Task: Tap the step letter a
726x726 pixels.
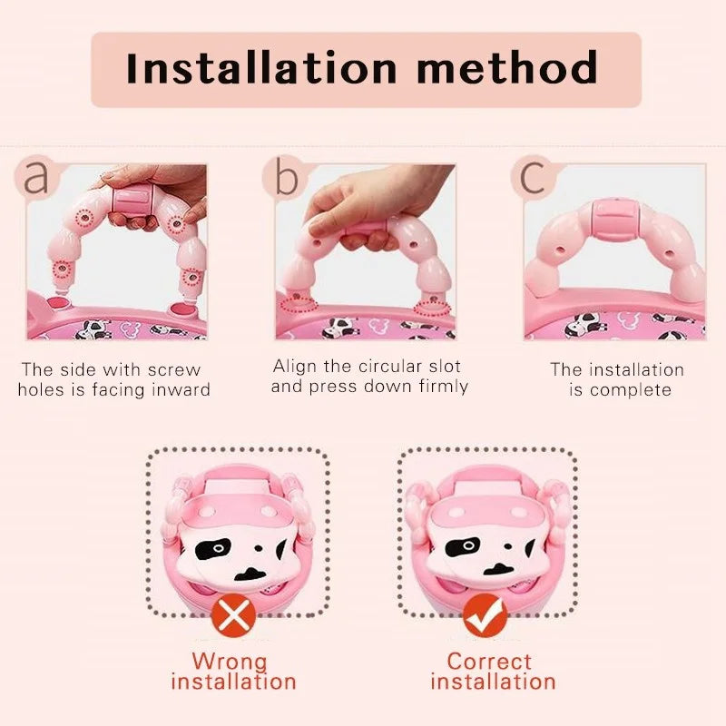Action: pos(37,177)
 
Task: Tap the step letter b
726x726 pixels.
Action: pos(286,179)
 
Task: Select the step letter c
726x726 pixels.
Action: pos(533,177)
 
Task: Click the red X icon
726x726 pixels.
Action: pos(235,617)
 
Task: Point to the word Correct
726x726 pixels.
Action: pos(489,661)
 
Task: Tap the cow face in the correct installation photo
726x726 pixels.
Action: pos(490,544)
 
